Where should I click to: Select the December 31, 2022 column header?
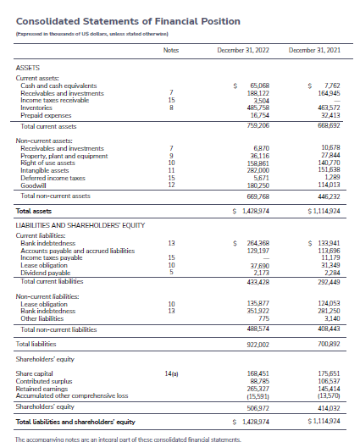click(243, 51)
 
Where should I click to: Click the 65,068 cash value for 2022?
click(258, 86)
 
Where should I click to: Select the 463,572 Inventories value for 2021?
click(327, 108)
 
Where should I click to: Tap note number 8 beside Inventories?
click(171, 108)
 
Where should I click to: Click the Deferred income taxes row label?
click(52, 178)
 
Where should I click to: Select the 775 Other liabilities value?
click(263, 318)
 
